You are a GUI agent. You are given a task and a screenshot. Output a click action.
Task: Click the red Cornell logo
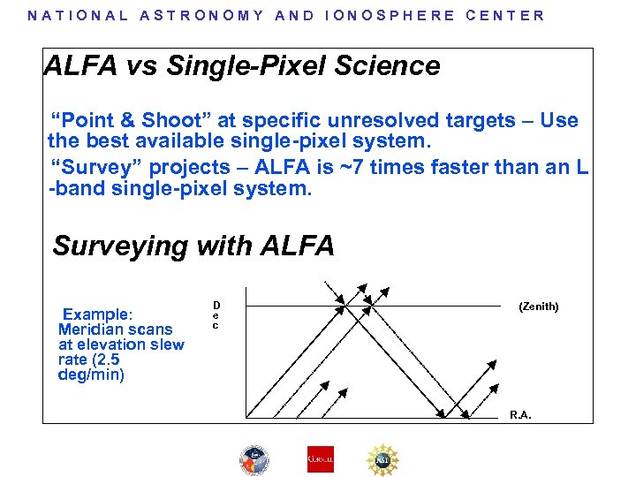pyautogui.click(x=320, y=459)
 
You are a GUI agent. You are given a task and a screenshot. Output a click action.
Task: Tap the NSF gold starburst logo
pyautogui.click(x=384, y=459)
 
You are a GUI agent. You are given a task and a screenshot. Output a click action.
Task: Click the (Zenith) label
pyautogui.click(x=538, y=307)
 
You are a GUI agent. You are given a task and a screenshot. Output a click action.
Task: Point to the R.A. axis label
pyautogui.click(x=520, y=415)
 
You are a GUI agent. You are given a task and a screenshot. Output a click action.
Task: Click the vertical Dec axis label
pyautogui.click(x=216, y=315)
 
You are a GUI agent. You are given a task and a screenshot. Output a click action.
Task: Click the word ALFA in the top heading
pyautogui.click(x=76, y=66)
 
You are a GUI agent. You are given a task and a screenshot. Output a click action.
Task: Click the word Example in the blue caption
pyautogui.click(x=97, y=314)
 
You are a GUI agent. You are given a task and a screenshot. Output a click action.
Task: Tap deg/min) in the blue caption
pyautogui.click(x=91, y=375)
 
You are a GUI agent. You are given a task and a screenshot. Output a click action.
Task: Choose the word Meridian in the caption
pyautogui.click(x=91, y=329)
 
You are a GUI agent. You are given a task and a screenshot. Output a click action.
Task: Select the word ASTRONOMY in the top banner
pyautogui.click(x=201, y=15)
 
